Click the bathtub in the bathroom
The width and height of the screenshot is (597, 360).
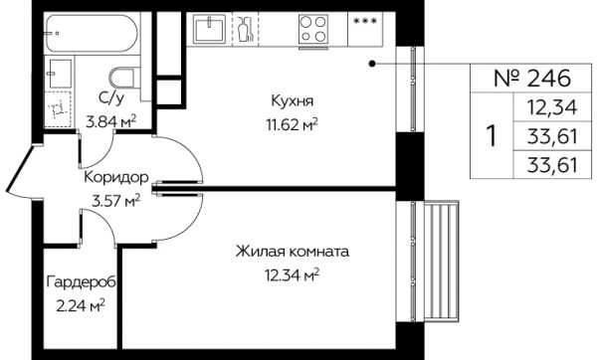(92, 34)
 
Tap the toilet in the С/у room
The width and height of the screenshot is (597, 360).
(124, 78)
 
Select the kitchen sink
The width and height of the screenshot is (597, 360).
(209, 29)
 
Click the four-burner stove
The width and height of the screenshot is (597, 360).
(313, 29)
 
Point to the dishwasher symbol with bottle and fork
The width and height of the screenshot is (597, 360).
(245, 29)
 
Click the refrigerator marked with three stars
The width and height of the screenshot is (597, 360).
(365, 29)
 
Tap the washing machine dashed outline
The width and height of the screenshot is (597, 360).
(58, 109)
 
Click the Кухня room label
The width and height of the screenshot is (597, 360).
(292, 101)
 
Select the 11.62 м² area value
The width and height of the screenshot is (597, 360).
(292, 124)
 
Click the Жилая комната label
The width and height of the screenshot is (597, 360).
(292, 252)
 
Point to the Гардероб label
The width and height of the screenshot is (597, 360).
(82, 282)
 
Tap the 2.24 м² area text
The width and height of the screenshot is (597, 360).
(81, 305)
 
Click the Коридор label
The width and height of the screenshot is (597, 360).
(115, 177)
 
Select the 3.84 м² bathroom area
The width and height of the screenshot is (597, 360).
(111, 122)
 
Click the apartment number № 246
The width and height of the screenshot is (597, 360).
(532, 78)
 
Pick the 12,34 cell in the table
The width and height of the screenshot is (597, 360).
(552, 107)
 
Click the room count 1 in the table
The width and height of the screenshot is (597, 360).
(492, 136)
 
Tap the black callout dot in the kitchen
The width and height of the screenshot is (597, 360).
(372, 64)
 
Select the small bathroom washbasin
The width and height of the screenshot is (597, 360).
(60, 74)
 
